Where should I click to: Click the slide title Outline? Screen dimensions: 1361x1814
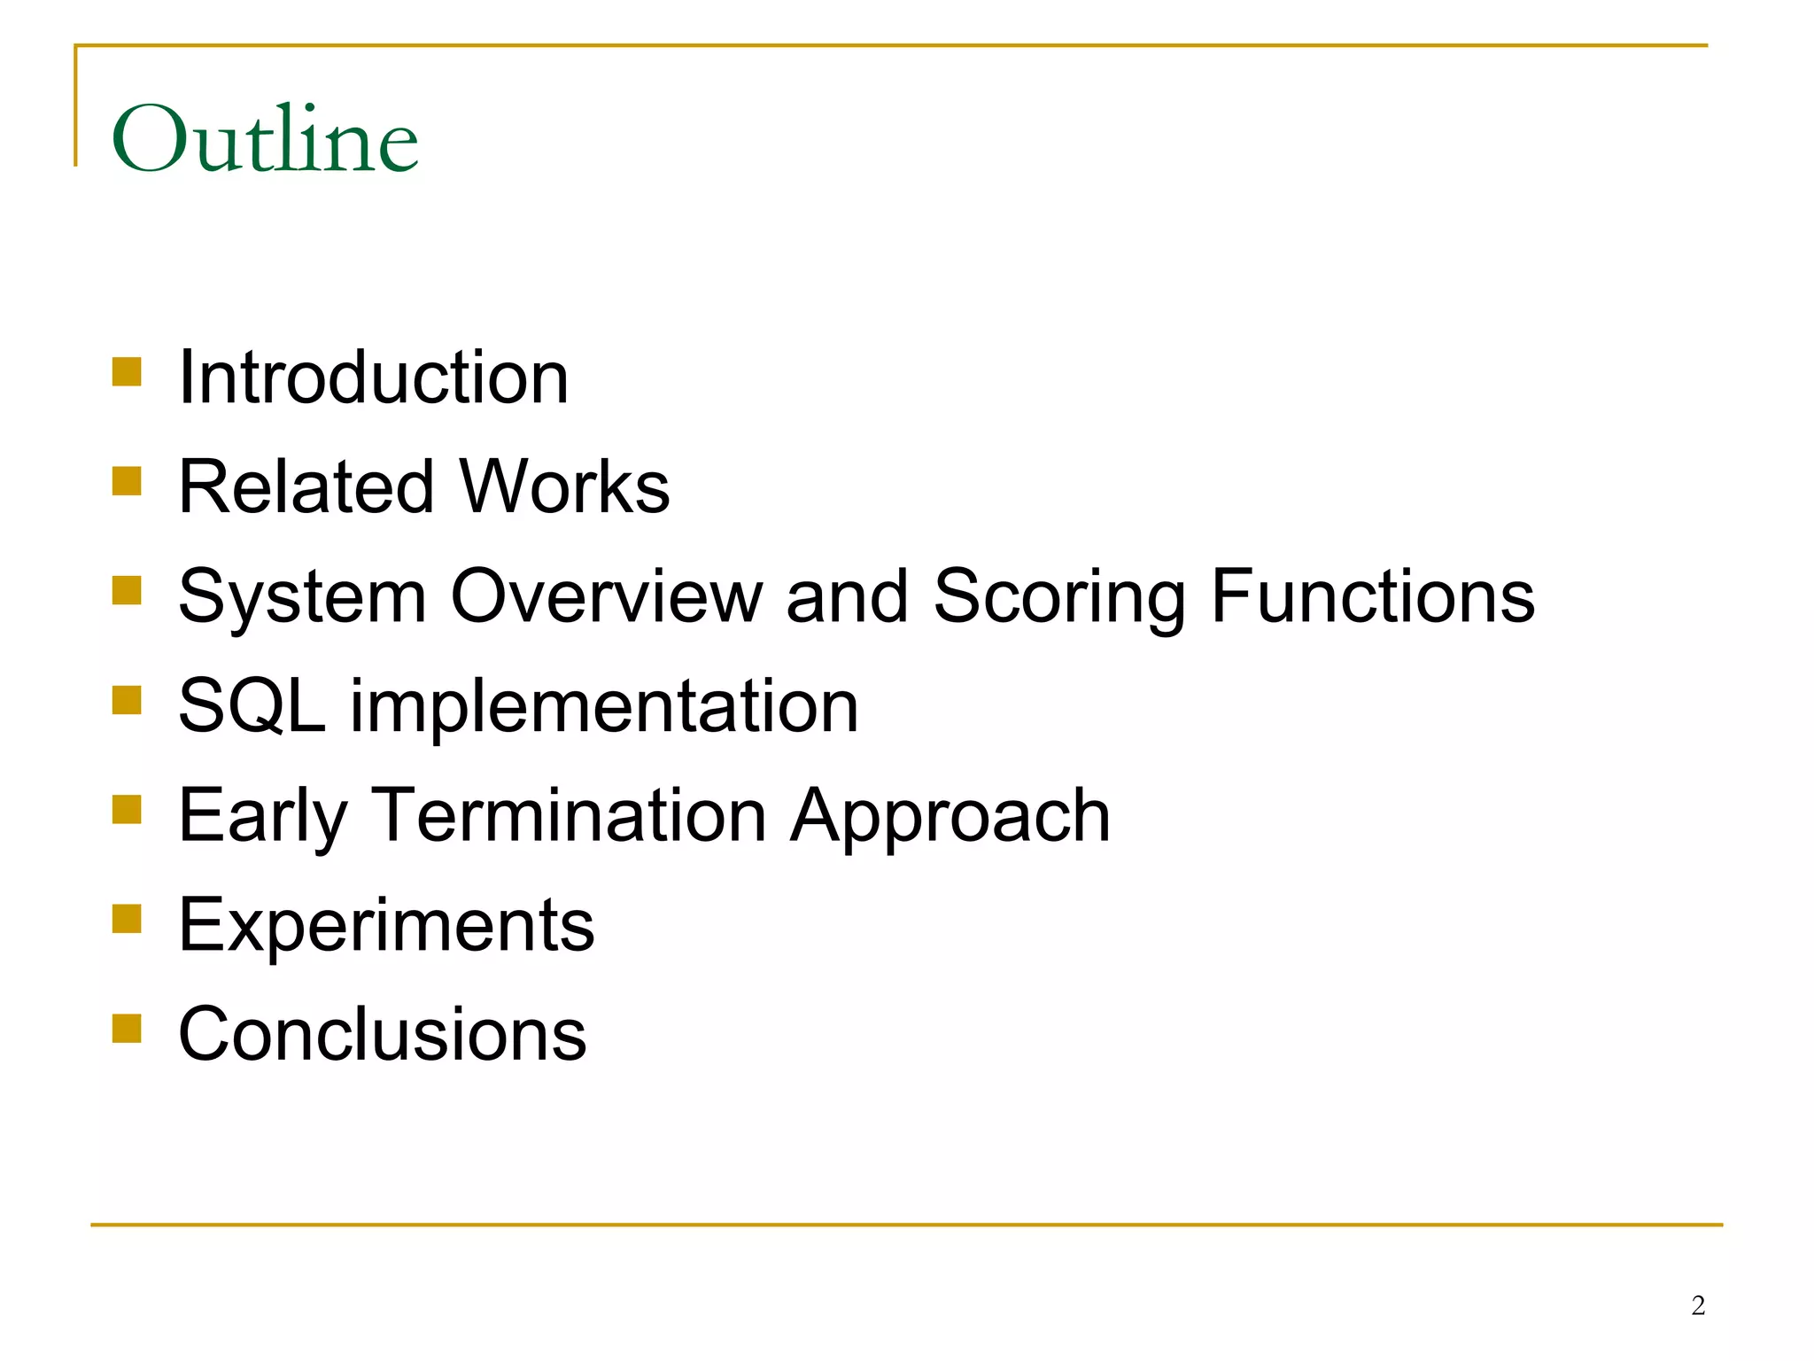pyautogui.click(x=264, y=139)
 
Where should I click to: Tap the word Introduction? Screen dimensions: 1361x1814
pyautogui.click(x=373, y=377)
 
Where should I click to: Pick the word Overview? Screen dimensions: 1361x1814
pyautogui.click(x=607, y=596)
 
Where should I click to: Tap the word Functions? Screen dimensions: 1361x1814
pyautogui.click(x=1372, y=596)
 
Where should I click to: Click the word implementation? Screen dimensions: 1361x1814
pyautogui.click(x=604, y=707)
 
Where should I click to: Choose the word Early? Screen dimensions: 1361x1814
pyautogui.click(x=263, y=817)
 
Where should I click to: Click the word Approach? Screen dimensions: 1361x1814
pyautogui.click(x=950, y=817)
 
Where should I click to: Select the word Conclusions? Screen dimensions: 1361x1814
pyautogui.click(x=382, y=1034)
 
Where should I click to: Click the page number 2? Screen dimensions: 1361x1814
pyautogui.click(x=1698, y=1305)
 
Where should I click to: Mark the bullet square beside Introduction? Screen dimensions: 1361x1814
pyautogui.click(x=128, y=371)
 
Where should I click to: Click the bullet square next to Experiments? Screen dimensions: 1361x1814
pyautogui.click(x=128, y=919)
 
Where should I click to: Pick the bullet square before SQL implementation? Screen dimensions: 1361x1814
pyautogui.click(x=128, y=700)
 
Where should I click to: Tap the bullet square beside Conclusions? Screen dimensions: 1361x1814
pyautogui.click(x=128, y=1029)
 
